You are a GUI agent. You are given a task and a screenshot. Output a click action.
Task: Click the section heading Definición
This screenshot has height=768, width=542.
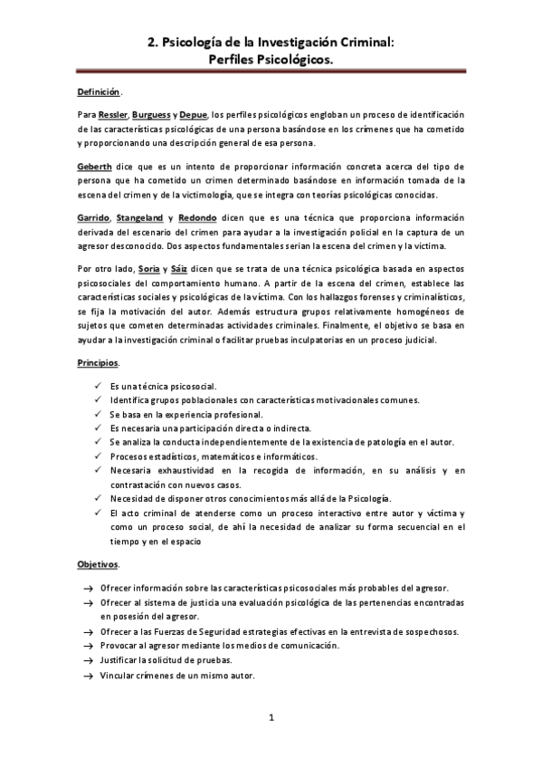pyautogui.click(x=98, y=92)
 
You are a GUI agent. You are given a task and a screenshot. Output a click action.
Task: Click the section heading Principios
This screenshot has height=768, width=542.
pyautogui.click(x=98, y=362)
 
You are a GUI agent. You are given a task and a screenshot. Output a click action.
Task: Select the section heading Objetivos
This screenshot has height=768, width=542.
pyautogui.click(x=98, y=564)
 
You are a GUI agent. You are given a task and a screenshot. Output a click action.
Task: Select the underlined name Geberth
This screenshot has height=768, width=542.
pyautogui.click(x=96, y=168)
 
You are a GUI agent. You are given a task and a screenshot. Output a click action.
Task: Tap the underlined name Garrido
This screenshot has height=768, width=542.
pyautogui.click(x=95, y=219)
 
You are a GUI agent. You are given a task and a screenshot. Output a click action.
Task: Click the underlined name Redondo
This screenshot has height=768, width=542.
pyautogui.click(x=198, y=219)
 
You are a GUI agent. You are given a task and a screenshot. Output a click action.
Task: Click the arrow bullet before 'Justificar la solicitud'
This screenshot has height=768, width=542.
pyautogui.click(x=88, y=661)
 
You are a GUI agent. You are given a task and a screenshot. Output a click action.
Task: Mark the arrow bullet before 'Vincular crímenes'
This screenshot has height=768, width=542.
pyautogui.click(x=88, y=676)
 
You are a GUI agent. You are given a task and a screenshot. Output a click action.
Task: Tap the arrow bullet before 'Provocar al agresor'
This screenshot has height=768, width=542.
pyautogui.click(x=88, y=647)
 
